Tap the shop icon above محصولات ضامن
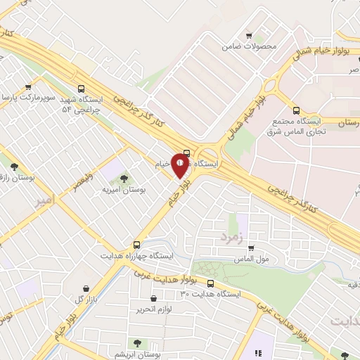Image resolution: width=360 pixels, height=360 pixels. click(x=249, y=36)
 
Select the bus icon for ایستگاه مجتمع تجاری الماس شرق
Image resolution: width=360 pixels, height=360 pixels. click(x=296, y=110)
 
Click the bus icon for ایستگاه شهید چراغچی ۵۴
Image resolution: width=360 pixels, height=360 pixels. click(x=82, y=89)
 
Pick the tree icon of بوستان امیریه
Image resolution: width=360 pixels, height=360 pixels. click(x=124, y=179)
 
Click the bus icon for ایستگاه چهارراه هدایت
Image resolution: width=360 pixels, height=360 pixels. click(x=137, y=245)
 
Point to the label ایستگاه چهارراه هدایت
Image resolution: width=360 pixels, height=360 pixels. click(x=136, y=256)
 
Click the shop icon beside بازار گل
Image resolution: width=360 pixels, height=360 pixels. click(x=86, y=288)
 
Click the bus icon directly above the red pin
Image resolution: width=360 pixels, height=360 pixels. click(x=186, y=153)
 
